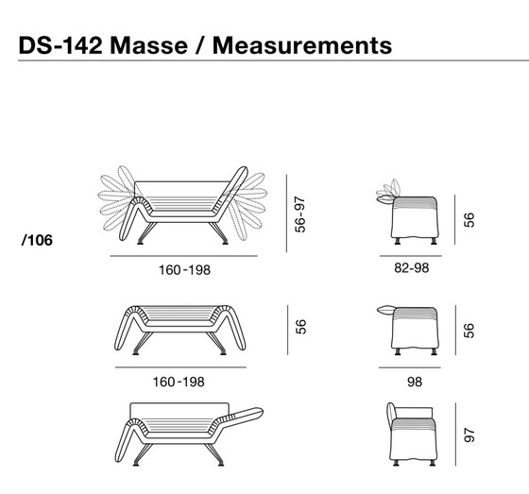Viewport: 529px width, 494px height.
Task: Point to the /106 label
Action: [x=37, y=240]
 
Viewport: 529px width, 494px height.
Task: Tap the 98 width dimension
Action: [x=413, y=382]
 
